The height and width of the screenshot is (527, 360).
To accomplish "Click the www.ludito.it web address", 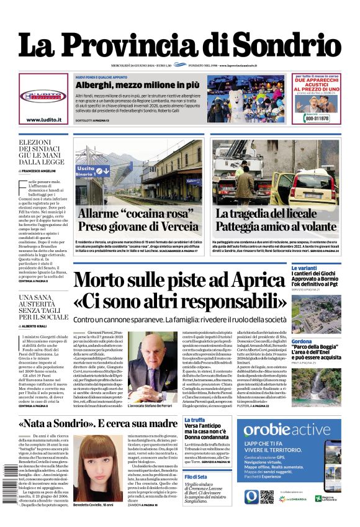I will (43, 120).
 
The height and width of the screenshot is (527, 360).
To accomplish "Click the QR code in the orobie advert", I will (268, 496).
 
